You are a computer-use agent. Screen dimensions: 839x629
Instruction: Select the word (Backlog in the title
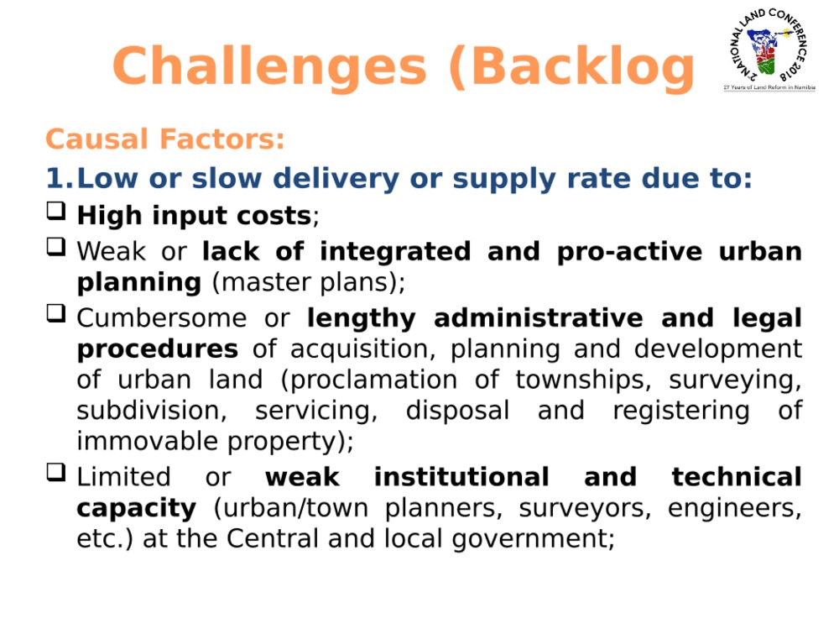coord(571,67)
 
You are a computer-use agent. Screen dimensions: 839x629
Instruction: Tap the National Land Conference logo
coord(769,50)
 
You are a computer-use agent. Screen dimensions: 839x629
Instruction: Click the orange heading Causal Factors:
coord(164,139)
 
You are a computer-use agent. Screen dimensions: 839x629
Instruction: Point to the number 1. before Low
coord(60,178)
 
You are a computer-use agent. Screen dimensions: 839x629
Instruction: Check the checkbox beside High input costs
coord(56,211)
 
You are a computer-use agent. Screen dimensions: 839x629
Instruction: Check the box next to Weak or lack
coord(56,247)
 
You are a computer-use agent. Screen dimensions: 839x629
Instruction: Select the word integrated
coord(395,252)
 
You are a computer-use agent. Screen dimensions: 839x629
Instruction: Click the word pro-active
coord(629,252)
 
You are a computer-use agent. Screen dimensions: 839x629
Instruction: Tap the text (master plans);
coord(309,283)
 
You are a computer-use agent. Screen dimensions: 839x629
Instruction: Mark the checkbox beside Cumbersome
coord(56,313)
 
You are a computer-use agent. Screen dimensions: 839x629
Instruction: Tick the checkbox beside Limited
coord(56,473)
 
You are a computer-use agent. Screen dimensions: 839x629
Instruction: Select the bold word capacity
coord(137,509)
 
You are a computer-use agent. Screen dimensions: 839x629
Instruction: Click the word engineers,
coord(735,509)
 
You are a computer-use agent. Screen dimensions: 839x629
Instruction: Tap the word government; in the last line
coord(533,539)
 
